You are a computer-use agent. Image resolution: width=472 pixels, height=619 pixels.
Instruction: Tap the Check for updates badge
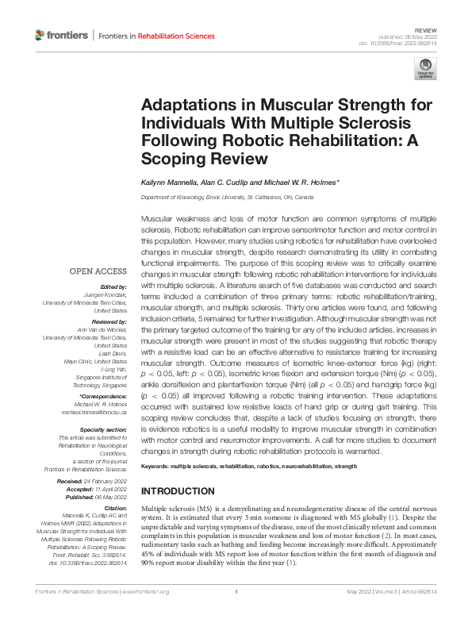(425, 67)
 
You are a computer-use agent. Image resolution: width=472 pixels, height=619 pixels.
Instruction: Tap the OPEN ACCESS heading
(98, 271)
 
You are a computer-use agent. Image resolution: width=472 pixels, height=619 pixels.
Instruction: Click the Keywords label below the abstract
(157, 467)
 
